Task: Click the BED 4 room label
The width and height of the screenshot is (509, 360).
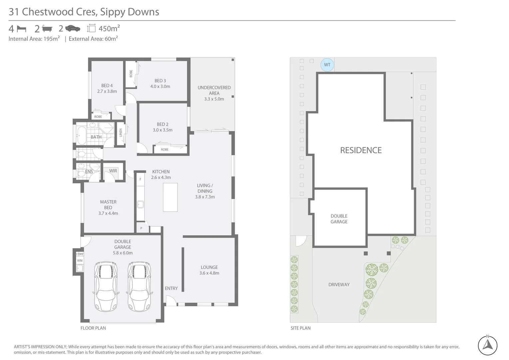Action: click(107, 86)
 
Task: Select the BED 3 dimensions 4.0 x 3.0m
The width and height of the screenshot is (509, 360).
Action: click(160, 86)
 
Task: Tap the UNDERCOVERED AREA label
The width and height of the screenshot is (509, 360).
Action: click(214, 90)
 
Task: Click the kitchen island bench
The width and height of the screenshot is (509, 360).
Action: click(170, 197)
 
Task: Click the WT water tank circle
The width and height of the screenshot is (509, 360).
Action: click(327, 65)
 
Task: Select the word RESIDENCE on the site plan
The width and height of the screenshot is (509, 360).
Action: click(361, 150)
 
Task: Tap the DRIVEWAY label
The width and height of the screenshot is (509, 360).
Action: click(339, 285)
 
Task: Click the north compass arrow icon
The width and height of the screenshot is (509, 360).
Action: click(488, 345)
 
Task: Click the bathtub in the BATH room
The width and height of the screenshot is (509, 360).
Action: click(81, 135)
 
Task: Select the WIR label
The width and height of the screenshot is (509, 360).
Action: click(113, 171)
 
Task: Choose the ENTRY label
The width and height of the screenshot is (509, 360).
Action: click(171, 288)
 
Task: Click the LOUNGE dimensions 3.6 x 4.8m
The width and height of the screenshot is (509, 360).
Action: click(209, 273)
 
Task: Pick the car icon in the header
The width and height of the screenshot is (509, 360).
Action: click(73, 29)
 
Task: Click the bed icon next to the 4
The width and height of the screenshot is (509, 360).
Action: click(21, 29)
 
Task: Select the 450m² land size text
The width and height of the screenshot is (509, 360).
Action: click(109, 29)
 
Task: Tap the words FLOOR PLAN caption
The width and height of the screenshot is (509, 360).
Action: click(93, 328)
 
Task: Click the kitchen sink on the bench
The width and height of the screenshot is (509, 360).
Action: click(141, 204)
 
